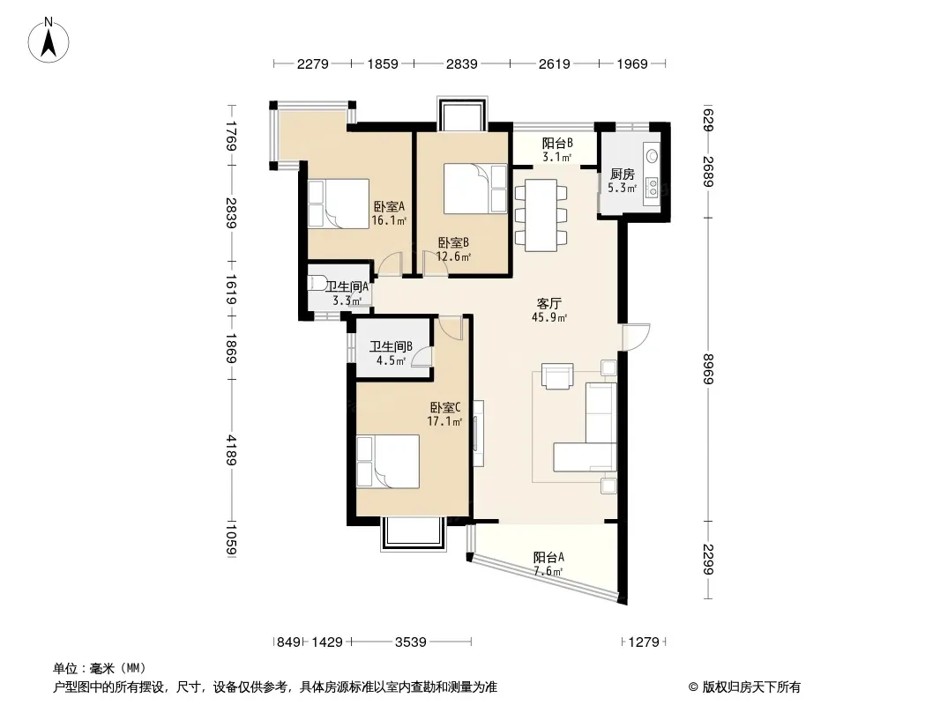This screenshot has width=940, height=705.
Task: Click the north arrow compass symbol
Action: click(48, 41)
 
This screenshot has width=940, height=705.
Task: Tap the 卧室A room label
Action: click(389, 213)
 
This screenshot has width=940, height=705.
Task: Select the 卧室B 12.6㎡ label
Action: click(453, 249)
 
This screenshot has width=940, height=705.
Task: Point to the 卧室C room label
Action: click(444, 414)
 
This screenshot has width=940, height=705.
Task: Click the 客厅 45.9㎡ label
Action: click(549, 310)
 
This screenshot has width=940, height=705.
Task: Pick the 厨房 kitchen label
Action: click(622, 181)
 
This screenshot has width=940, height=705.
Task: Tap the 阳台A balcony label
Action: click(548, 564)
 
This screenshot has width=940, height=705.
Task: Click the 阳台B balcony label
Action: click(557, 150)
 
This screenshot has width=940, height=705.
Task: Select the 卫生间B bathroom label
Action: click(391, 353)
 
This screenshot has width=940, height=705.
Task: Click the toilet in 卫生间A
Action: click(317, 283)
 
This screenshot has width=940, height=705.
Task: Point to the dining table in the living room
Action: click(541, 215)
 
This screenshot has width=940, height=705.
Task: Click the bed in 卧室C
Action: click(387, 462)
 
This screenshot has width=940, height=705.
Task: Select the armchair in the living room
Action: click(557, 376)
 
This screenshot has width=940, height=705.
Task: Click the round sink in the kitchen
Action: click(652, 156)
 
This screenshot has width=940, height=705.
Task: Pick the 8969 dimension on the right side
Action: click(708, 369)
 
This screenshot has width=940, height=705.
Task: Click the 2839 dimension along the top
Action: click(461, 63)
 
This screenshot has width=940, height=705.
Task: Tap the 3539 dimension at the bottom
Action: click(411, 642)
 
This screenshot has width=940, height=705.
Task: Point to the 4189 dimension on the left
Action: click(232, 449)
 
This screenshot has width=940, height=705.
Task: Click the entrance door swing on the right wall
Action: click(636, 337)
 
